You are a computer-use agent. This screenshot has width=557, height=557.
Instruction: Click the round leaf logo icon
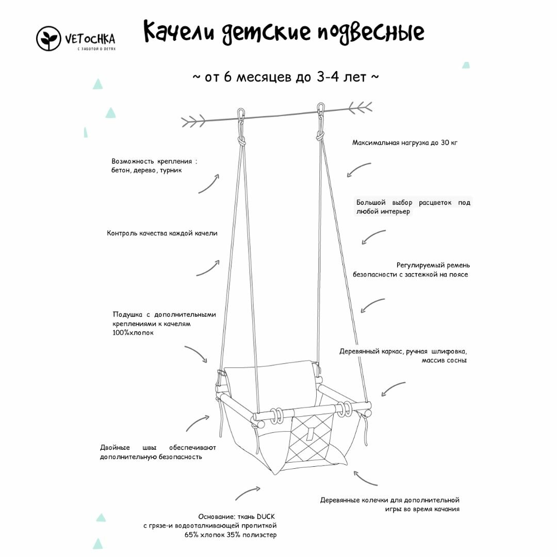49,39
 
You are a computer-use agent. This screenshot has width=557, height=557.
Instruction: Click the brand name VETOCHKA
90,38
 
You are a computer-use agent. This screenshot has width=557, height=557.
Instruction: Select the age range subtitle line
286,77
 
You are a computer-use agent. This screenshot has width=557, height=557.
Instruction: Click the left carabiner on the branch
241,116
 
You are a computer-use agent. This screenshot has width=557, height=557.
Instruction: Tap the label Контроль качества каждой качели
162,233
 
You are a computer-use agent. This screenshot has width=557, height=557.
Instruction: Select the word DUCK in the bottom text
266,516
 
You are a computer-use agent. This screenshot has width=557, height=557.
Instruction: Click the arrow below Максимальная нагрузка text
358,170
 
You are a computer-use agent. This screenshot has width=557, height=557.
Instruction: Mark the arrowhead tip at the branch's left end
183,122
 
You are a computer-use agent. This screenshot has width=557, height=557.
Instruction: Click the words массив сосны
444,360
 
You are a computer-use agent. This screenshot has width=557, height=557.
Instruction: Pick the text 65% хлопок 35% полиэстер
231,535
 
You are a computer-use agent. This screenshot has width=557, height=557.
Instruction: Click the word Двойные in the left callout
115,447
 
